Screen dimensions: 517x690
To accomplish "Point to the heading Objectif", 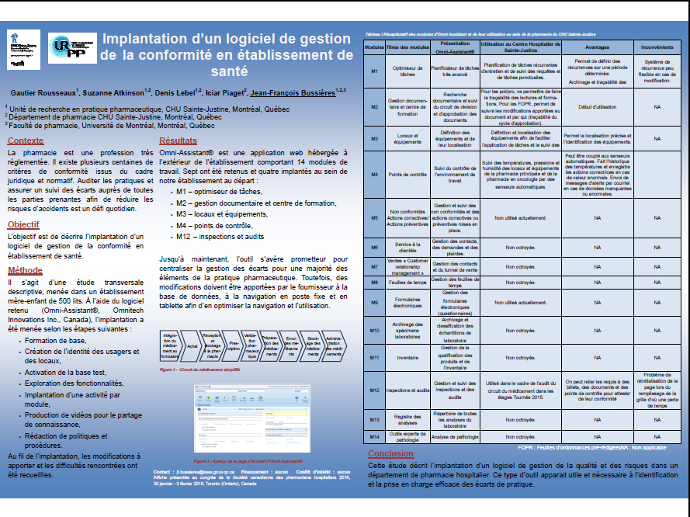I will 23,224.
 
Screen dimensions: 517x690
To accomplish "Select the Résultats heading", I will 179,141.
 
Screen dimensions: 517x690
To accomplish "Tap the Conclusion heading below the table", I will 390,454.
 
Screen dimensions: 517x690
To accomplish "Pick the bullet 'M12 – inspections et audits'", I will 220,236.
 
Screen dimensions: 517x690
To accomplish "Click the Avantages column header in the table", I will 597,47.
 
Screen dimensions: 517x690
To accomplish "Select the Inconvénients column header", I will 657,47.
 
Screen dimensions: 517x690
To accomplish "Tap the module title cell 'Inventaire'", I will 407,358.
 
